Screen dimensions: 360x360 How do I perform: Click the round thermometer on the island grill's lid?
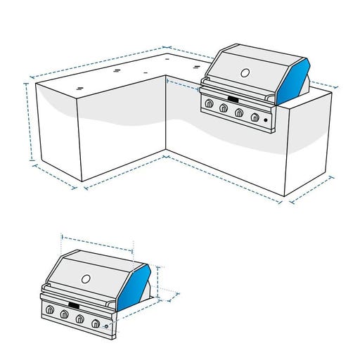[245, 72]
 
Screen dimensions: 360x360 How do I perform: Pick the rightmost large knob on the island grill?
[255, 117]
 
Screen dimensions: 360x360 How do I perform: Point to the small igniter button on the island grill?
[266, 122]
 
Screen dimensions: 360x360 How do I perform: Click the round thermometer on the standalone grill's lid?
[86, 278]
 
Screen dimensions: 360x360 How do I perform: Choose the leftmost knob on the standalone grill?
[50, 309]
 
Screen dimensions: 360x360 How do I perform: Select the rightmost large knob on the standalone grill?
[95, 323]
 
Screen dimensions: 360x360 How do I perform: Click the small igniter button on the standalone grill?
[105, 327]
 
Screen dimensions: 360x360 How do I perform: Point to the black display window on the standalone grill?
[72, 304]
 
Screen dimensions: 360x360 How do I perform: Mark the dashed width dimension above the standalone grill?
[98, 243]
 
